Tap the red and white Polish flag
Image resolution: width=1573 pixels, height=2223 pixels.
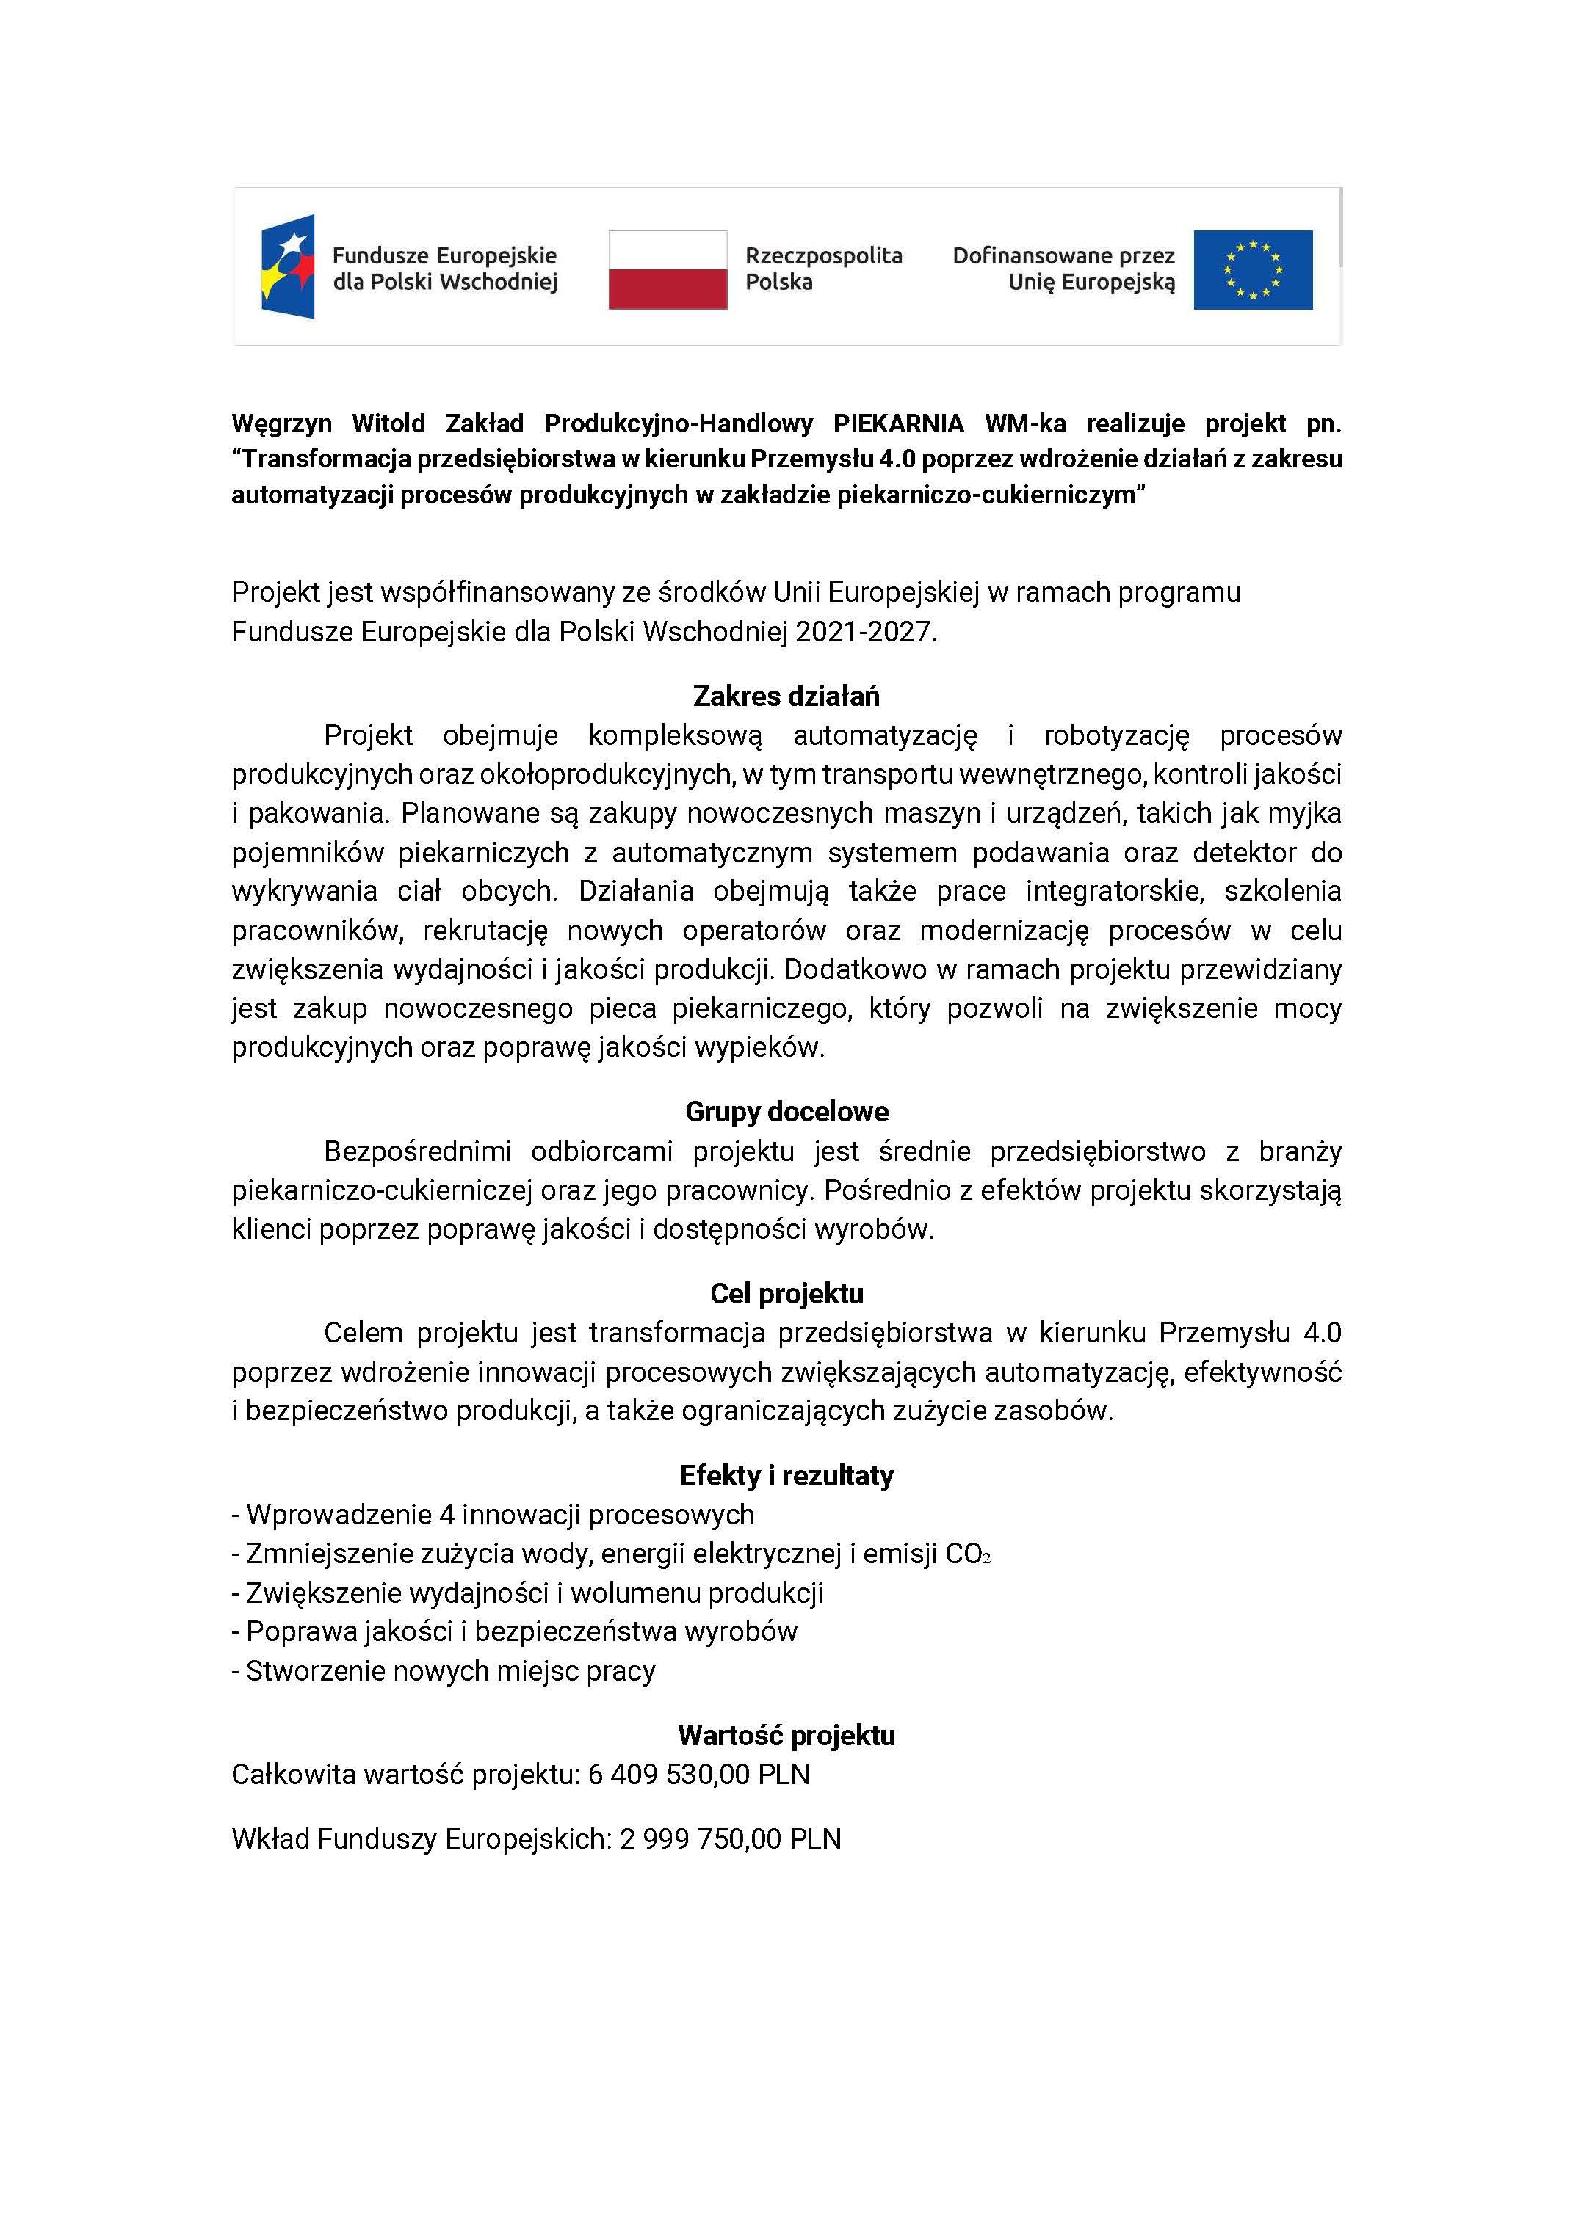(668, 269)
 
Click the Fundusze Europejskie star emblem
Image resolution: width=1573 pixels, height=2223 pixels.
(288, 266)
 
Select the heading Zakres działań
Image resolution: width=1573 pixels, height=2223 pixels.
(786, 696)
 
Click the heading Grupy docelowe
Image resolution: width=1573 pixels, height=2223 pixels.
(786, 1111)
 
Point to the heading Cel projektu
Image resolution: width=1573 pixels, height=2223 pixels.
(786, 1294)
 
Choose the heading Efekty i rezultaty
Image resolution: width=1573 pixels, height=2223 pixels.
(786, 1476)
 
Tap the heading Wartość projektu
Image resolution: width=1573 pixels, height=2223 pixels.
(786, 1735)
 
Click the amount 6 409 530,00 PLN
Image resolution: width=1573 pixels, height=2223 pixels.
(698, 1775)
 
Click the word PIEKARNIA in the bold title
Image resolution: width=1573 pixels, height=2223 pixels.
(898, 424)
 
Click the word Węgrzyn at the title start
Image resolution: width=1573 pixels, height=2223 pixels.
(281, 424)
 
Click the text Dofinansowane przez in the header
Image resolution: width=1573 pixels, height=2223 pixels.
(1063, 255)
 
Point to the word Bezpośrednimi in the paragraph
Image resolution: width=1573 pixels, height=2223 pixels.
(416, 1151)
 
